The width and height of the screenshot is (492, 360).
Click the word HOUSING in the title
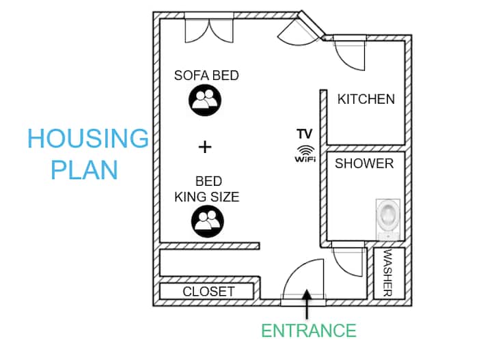click(88, 138)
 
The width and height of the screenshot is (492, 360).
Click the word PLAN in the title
click(85, 169)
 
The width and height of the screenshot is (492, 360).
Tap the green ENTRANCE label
click(309, 331)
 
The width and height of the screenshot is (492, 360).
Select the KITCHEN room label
click(366, 99)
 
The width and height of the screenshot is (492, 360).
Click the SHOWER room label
click(364, 163)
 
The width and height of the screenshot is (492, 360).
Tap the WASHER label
click(388, 273)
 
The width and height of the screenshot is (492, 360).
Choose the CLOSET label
click(208, 292)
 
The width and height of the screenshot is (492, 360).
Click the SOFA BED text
click(206, 75)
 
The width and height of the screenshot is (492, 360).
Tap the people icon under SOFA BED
click(205, 100)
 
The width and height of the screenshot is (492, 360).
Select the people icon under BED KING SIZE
click(208, 221)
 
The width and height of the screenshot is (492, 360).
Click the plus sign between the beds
click(205, 147)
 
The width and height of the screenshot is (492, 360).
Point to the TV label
click(305, 134)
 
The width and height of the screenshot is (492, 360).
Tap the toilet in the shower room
click(388, 219)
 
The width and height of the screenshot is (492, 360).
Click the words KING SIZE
click(207, 197)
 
